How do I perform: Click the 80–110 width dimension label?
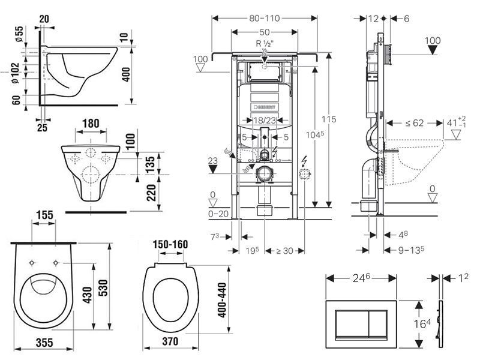pos(265,19)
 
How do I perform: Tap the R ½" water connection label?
pos(265,43)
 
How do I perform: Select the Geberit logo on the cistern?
pos(265,107)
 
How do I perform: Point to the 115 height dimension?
pos(329,119)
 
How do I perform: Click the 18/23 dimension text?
pos(265,121)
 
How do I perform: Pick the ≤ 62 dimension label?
pos(415,123)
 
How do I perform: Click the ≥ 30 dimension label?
pos(284,251)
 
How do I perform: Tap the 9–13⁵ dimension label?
pos(411,250)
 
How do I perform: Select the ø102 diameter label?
pos(16,73)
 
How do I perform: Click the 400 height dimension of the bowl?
pos(126,74)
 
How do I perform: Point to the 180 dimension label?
pos(91,124)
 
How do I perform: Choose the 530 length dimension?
pos(103,288)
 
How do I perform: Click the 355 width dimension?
pos(44,342)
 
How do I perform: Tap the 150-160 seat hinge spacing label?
pos(170,244)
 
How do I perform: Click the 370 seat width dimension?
pos(170,341)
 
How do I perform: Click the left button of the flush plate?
pos(352,324)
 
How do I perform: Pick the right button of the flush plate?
pos(378,324)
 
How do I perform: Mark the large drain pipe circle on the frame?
pos(265,174)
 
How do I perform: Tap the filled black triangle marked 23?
pos(213,169)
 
